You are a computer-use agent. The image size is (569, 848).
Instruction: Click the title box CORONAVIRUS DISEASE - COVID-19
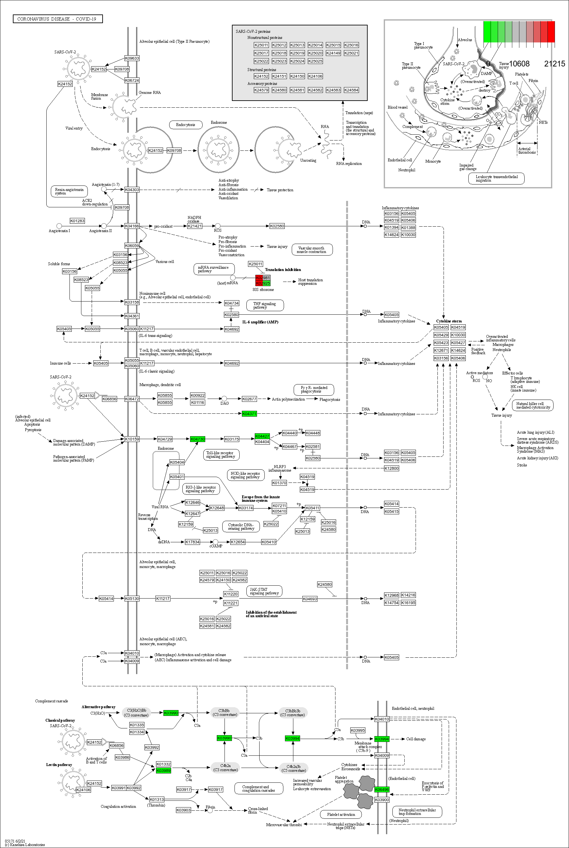click(x=57, y=19)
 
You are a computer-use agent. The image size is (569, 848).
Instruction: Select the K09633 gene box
click(x=132, y=58)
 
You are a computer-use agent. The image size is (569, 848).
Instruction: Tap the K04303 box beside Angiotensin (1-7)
click(x=132, y=190)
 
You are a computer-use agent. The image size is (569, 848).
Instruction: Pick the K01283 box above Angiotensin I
click(x=77, y=221)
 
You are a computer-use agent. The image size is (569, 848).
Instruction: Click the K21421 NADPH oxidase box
click(x=195, y=226)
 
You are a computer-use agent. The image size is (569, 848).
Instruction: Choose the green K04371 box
click(x=249, y=414)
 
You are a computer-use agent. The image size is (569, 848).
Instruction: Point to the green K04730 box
click(x=197, y=439)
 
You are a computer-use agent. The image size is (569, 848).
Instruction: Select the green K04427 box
click(x=262, y=436)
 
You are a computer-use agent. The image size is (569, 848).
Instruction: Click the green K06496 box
click(x=382, y=789)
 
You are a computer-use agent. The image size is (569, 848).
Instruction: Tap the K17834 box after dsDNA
click(x=192, y=542)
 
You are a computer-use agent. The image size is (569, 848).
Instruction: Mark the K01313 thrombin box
click(x=157, y=799)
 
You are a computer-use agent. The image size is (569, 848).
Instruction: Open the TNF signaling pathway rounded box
click(x=265, y=305)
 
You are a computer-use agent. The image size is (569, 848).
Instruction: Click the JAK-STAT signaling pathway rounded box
click(x=264, y=591)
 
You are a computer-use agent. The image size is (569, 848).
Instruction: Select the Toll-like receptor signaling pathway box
click(x=221, y=455)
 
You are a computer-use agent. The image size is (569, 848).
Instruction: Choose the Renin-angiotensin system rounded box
click(x=69, y=191)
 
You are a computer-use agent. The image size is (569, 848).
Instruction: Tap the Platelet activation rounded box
click(x=341, y=814)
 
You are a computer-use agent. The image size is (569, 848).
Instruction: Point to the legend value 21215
click(x=554, y=64)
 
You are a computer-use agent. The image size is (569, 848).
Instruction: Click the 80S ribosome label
click(x=263, y=290)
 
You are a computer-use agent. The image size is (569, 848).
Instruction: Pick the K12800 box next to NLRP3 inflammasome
click(x=391, y=468)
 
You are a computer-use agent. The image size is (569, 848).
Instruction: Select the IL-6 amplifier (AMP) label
click(x=260, y=322)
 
